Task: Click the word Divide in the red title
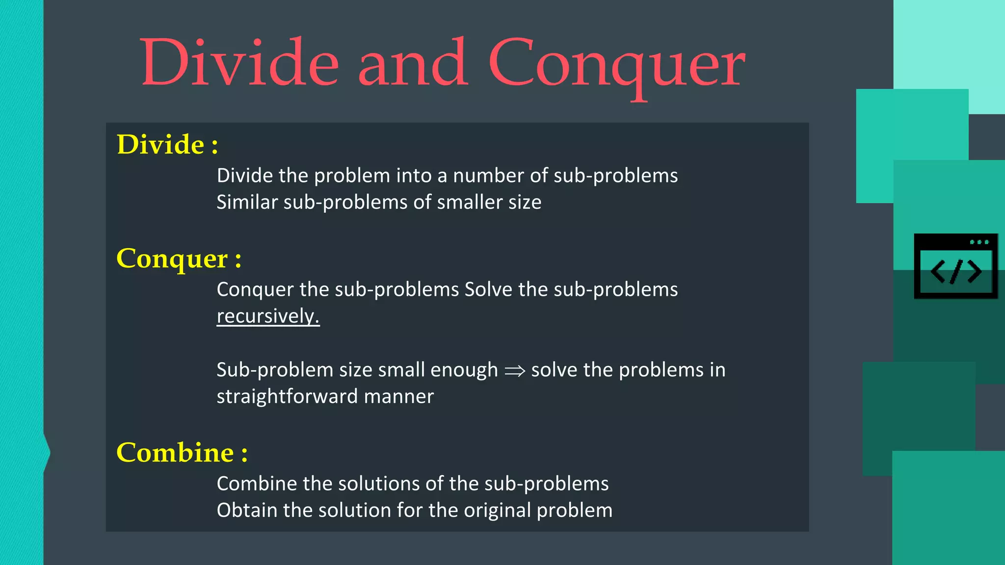pyautogui.click(x=239, y=63)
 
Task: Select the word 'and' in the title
pyautogui.click(x=413, y=63)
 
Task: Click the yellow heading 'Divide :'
pyautogui.click(x=167, y=145)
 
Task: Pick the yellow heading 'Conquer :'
pyautogui.click(x=179, y=258)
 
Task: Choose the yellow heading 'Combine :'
pyautogui.click(x=182, y=452)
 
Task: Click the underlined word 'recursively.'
pyautogui.click(x=268, y=316)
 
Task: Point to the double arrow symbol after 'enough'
pyautogui.click(x=515, y=371)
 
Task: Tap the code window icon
pyautogui.click(x=955, y=266)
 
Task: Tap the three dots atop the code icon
pyautogui.click(x=979, y=242)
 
